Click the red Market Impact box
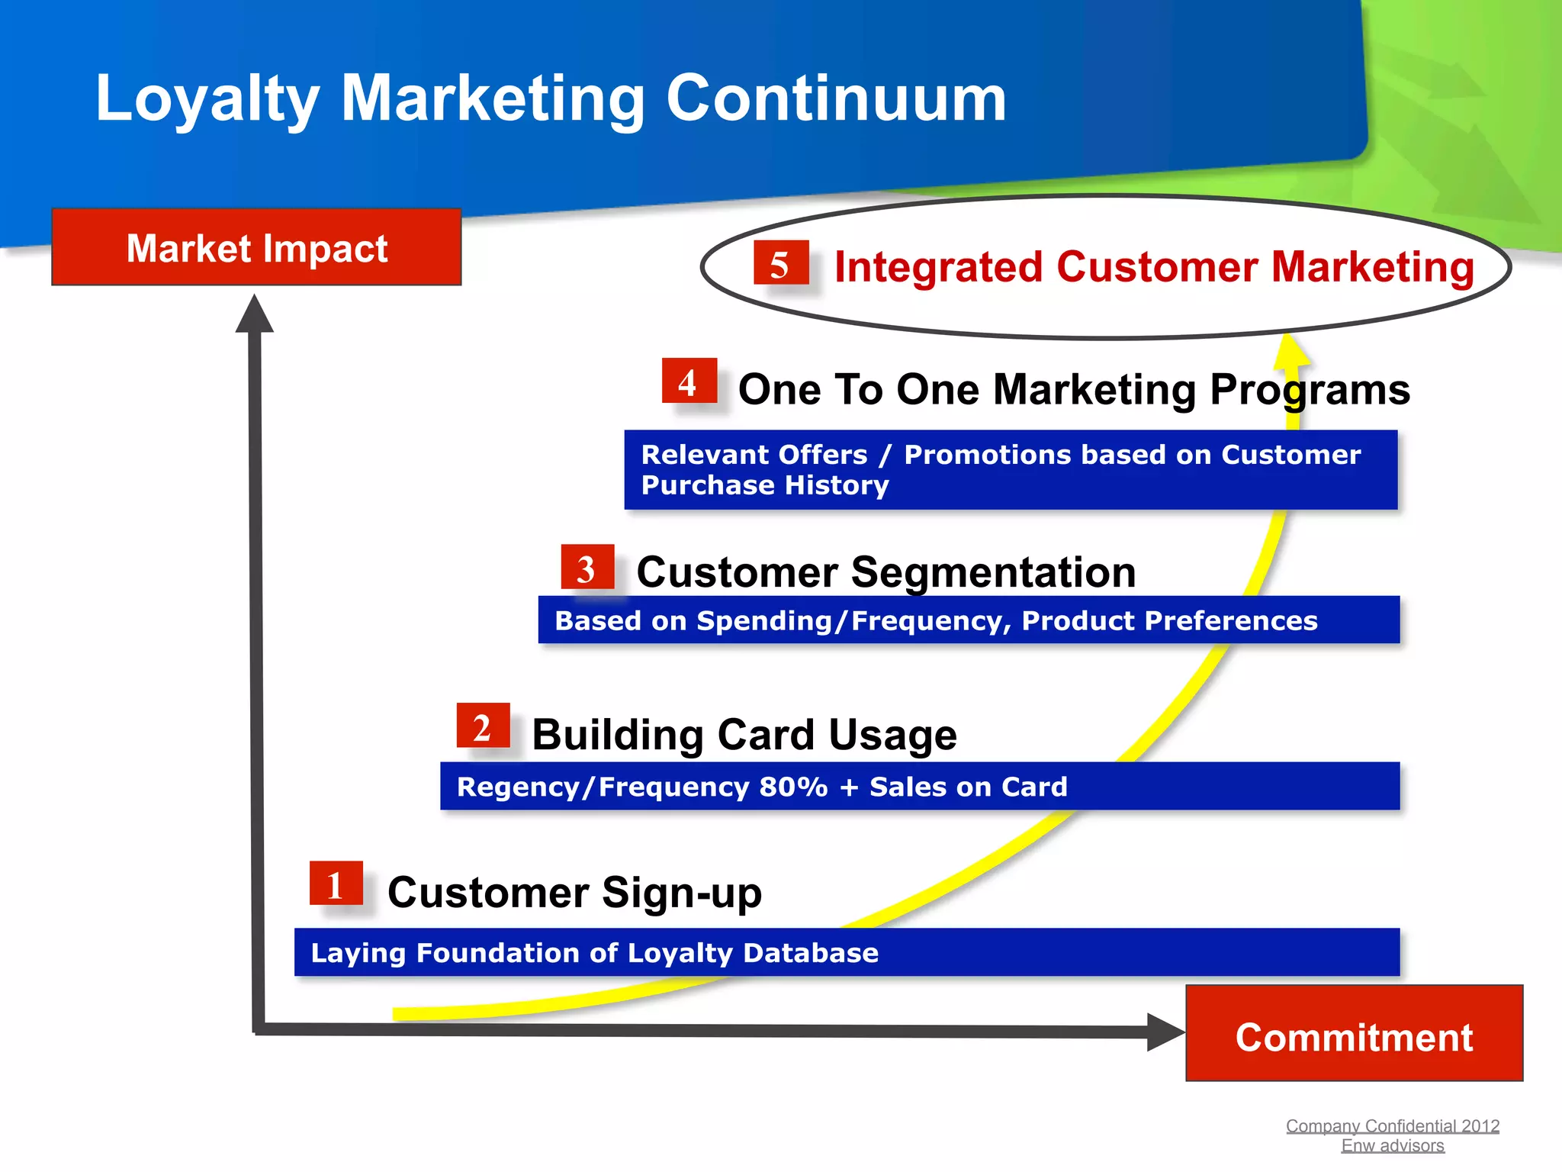256,247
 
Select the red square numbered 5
780,263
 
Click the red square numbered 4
689,381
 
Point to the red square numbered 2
483,726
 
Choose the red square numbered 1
336,884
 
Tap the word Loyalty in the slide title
207,98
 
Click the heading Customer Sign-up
574,892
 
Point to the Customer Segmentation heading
885,572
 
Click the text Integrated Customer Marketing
1153,267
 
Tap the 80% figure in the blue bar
793,787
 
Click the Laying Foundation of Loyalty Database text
594,953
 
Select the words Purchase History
764,485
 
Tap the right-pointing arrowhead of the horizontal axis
1165,1032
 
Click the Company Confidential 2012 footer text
1392,1125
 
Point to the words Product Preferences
1169,620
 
